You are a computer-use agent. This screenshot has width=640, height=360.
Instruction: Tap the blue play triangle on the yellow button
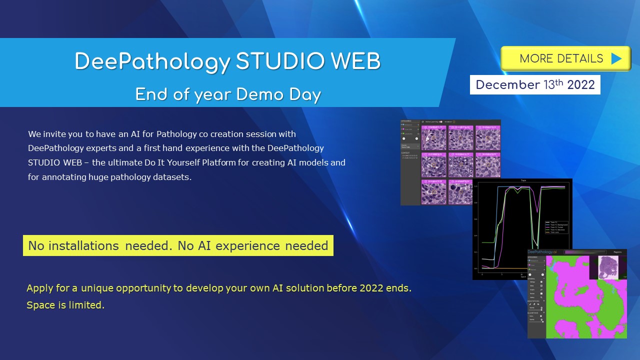pyautogui.click(x=616, y=58)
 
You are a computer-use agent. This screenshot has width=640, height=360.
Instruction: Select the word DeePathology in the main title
pyautogui.click(x=152, y=62)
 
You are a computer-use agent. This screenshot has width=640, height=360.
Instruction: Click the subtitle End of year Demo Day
pyautogui.click(x=228, y=94)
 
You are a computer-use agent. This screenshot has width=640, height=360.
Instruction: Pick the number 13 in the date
pyautogui.click(x=549, y=85)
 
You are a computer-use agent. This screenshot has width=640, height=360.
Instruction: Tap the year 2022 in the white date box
pyautogui.click(x=581, y=85)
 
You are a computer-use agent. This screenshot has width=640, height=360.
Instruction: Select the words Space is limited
pyautogui.click(x=65, y=305)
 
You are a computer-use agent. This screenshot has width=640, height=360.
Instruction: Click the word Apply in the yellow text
pyautogui.click(x=40, y=288)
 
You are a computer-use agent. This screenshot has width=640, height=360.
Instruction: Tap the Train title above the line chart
pyautogui.click(x=522, y=181)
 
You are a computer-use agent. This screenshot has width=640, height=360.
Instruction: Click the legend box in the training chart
pyautogui.click(x=554, y=227)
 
